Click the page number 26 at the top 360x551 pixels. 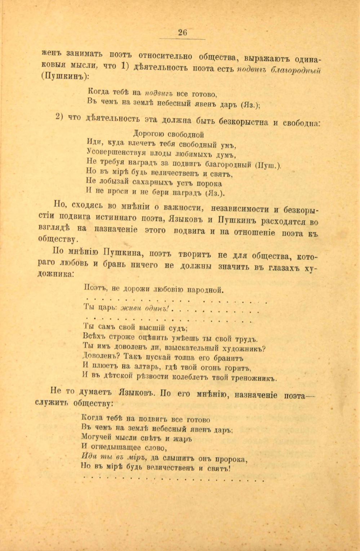[x=183, y=32]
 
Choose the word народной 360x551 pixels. [x=206, y=289]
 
